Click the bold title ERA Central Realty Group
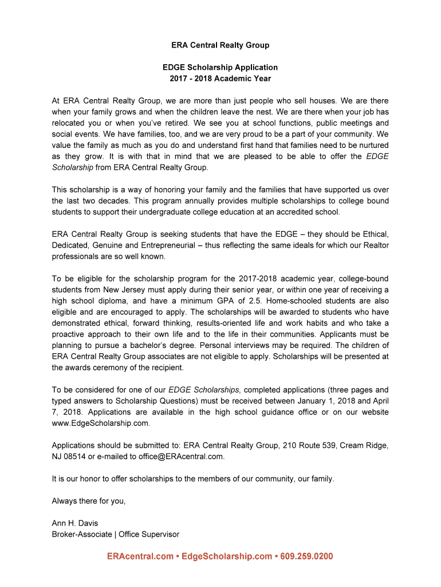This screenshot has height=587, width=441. (x=220, y=45)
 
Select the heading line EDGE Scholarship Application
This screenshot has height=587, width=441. (x=220, y=67)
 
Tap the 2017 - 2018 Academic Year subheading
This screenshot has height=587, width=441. (x=220, y=79)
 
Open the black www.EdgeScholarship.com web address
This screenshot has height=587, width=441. (x=100, y=423)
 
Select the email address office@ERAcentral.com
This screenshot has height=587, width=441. (x=180, y=456)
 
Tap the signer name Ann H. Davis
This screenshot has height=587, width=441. (x=74, y=523)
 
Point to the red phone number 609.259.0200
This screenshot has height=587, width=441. (x=307, y=557)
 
